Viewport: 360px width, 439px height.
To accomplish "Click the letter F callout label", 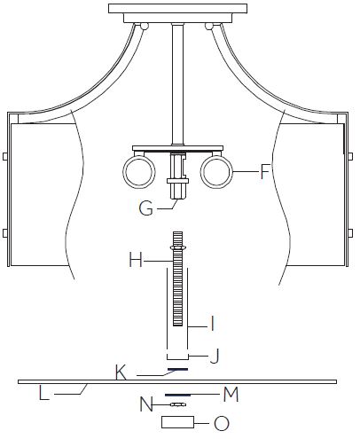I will click(263, 171).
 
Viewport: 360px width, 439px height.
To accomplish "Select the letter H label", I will click(135, 260).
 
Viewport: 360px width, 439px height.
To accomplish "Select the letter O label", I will click(221, 423).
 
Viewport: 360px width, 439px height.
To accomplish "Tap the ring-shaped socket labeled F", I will click(217, 171).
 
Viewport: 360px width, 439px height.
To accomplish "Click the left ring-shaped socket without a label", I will click(137, 171).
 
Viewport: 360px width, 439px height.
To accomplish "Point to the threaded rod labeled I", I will click(177, 293).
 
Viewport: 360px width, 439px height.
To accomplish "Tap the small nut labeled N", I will click(178, 404).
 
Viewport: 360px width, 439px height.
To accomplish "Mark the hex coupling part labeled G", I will click(179, 189).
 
